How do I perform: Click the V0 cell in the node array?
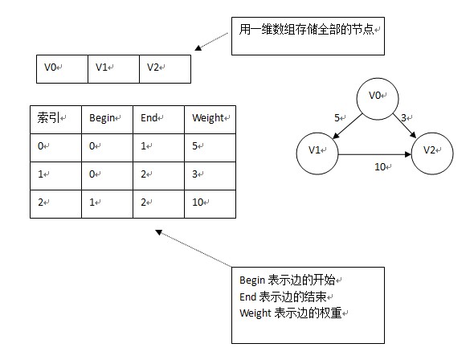[63, 69]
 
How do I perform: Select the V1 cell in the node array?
[113, 69]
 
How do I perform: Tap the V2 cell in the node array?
[165, 69]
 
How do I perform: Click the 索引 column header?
[56, 120]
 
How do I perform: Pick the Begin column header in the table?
[108, 120]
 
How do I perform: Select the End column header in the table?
[159, 120]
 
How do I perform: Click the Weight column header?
[210, 120]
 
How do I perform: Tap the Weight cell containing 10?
[210, 204]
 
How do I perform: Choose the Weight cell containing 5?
[210, 148]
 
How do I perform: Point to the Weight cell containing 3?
[210, 176]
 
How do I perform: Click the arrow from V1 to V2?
[375, 154]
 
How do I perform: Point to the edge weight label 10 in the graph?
[381, 167]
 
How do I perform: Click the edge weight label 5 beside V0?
[337, 118]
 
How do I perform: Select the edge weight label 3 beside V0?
[404, 118]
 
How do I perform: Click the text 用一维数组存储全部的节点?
[307, 30]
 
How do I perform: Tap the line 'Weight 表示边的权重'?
[291, 313]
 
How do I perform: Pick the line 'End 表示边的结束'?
[283, 297]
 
